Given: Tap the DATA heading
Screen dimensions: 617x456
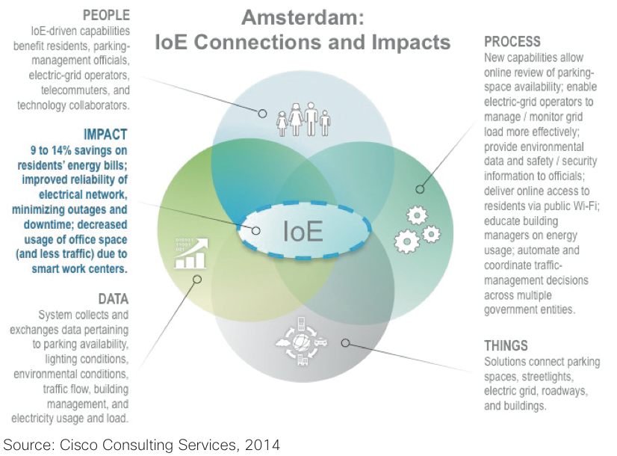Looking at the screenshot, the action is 114,299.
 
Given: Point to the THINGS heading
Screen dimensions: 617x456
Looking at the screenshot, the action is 506,346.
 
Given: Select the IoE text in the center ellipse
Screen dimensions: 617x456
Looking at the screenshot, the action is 303,232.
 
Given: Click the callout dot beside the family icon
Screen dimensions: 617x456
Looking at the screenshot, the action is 262,114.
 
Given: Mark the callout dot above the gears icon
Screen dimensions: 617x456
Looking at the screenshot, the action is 419,190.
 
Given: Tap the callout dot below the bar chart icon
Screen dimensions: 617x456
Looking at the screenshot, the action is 197,280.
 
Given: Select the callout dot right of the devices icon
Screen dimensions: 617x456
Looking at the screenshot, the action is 346,342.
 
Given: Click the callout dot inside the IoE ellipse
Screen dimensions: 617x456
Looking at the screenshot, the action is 256,230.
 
